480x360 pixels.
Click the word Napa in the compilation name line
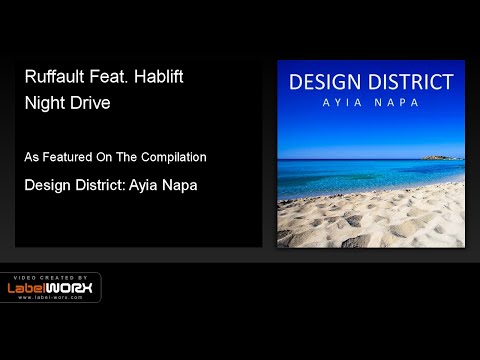[177, 185]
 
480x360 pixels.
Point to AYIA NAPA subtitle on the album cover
[371, 104]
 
